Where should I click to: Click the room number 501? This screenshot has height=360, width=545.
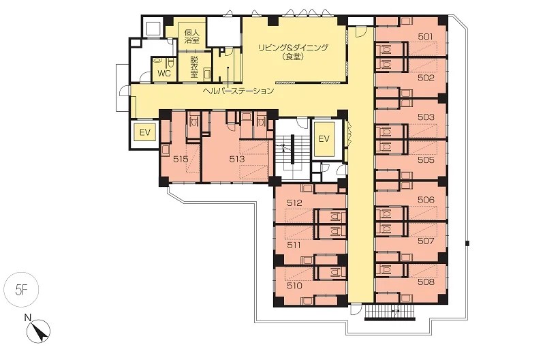tap(425, 37)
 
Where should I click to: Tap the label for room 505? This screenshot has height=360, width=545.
tap(426, 160)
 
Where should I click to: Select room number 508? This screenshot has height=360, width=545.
tap(426, 282)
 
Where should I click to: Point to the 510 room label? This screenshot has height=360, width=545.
tap(294, 286)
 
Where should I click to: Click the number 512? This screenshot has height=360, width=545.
tap(294, 202)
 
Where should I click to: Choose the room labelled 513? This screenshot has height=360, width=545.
tap(237, 160)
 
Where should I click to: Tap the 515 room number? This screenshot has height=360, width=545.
tap(181, 160)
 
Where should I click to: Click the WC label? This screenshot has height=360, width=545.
tap(164, 74)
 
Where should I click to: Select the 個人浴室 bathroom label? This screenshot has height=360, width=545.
tap(192, 36)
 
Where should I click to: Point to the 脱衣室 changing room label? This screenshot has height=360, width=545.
tap(194, 66)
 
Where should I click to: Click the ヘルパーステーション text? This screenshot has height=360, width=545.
tap(238, 91)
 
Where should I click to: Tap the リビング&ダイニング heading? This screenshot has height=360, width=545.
tap(293, 48)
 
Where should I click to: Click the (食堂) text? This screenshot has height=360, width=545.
tap(294, 57)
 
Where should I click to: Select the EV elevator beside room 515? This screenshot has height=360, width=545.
tap(145, 132)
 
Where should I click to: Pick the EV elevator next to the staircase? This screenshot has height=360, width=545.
tap(324, 139)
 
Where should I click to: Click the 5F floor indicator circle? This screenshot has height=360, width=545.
tap(21, 290)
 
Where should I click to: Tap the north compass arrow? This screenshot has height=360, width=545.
tap(40, 331)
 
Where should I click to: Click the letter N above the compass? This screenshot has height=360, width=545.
tap(28, 317)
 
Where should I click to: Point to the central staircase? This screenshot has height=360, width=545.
tap(292, 150)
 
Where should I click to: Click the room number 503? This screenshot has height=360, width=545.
tap(426, 117)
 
